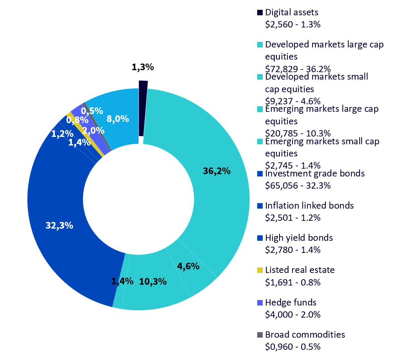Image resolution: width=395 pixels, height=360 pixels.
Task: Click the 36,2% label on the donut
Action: tap(216, 171)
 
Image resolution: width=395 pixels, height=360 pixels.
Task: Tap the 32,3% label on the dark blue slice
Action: tap(59, 225)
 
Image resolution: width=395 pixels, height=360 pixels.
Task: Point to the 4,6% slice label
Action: tap(188, 266)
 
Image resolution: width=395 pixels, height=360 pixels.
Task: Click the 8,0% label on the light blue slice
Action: tap(117, 118)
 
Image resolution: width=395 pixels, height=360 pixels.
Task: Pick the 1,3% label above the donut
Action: tap(143, 67)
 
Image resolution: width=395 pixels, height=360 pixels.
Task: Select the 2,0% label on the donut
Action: tap(93, 130)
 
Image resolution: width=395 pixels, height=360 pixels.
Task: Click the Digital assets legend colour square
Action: tap(260, 13)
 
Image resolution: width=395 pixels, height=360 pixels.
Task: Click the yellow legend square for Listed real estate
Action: tap(260, 270)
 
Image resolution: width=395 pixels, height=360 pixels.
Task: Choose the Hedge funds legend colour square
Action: tap(260, 302)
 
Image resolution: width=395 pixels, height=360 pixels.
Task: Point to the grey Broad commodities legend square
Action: tap(260, 335)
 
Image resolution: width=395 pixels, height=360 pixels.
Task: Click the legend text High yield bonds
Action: tap(299, 238)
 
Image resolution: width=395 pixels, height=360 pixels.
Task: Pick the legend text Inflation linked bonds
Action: tap(309, 205)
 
